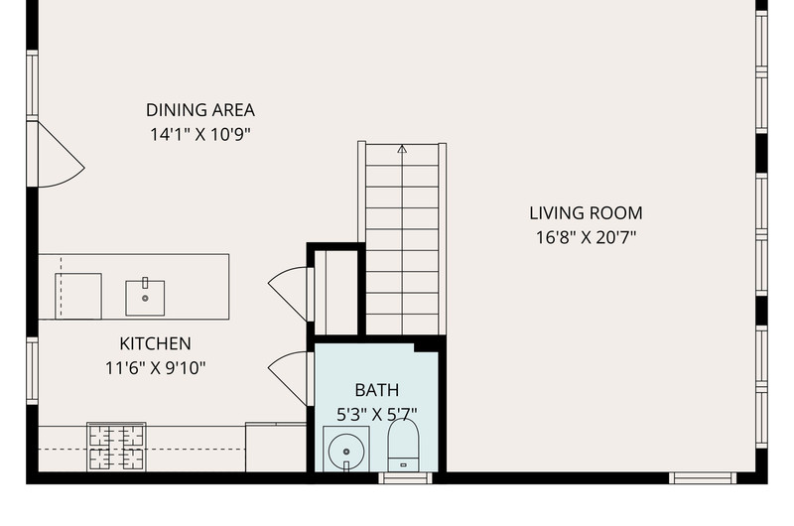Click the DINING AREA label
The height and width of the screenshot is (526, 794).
200,110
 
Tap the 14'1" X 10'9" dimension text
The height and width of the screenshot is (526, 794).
200,135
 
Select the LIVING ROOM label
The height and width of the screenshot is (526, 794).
586,213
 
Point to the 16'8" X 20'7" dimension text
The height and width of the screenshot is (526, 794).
586,237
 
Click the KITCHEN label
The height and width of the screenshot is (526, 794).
155,343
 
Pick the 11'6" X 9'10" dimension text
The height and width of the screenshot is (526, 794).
155,368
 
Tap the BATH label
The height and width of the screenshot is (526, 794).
377,390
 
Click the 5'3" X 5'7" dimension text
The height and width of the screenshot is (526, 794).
377,415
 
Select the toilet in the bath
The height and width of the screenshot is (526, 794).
403,446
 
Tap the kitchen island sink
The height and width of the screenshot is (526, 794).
145,298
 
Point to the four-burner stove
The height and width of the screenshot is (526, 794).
116,447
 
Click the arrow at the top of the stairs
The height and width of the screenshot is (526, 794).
402,149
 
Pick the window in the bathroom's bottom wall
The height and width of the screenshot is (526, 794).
406,478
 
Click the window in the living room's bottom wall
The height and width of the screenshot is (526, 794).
703,478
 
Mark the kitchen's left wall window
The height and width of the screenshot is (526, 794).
32,371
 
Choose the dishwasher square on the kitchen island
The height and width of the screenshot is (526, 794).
78,296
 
